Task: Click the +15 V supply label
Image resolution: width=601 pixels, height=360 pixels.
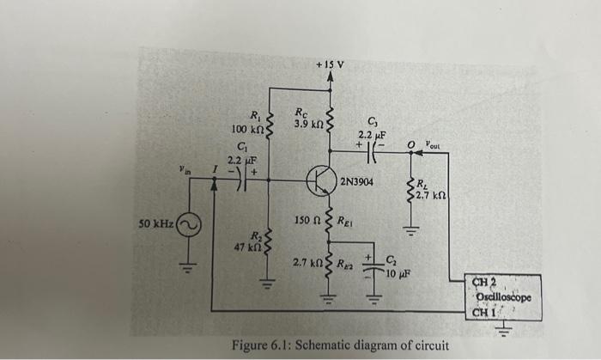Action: [x=330, y=64]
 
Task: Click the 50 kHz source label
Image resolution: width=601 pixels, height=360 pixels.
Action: [x=155, y=224]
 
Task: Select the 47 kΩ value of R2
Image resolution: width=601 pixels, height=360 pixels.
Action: [x=247, y=247]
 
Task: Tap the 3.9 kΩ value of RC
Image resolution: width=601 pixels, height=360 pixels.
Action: [x=307, y=125]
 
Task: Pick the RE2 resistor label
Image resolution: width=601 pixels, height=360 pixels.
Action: [x=345, y=262]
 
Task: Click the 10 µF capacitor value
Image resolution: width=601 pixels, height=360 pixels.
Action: [x=398, y=274]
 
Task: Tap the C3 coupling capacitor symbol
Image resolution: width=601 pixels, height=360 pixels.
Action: [x=374, y=157]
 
